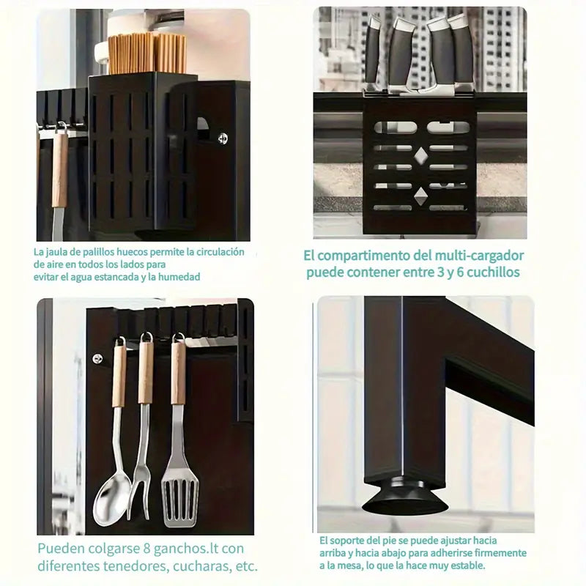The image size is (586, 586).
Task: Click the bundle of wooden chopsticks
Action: point(147,53)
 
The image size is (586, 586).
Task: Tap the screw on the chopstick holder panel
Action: point(223,138)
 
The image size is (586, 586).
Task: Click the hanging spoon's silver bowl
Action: point(112,500)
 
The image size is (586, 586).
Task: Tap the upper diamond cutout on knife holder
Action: point(420,156)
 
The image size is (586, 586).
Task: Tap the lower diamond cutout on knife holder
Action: point(420,196)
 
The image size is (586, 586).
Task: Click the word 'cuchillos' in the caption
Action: point(493,272)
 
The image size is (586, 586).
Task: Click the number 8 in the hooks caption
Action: point(147,549)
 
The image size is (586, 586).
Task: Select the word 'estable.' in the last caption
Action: point(468,565)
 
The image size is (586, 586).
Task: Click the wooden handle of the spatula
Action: point(178,374)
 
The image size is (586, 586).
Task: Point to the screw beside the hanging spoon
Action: point(97,359)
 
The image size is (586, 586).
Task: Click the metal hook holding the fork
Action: point(146,338)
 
